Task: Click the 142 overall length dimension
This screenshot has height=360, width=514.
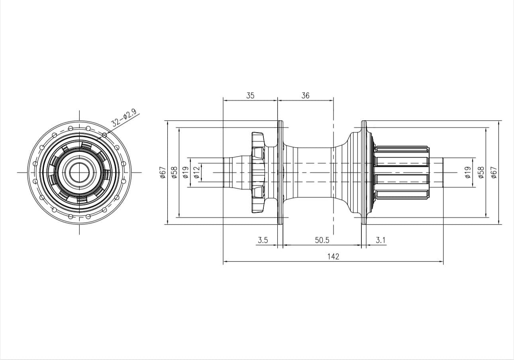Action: point(333,256)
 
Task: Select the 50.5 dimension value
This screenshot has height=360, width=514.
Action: point(322,240)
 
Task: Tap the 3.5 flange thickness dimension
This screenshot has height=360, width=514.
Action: point(263,240)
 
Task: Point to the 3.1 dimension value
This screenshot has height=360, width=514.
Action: point(381,240)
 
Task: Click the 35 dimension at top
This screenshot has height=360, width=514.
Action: point(250,96)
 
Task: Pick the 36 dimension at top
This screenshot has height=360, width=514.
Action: point(306,96)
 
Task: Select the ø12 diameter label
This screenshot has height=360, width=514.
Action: point(197,172)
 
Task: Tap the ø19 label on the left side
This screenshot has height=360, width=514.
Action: point(186,172)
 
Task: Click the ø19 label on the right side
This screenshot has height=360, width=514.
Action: point(468,172)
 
